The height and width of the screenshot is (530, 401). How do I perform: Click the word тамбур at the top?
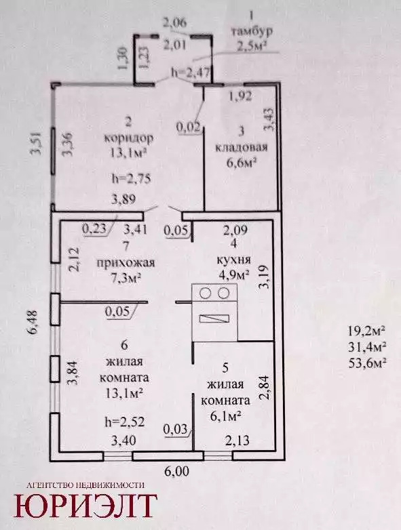(252, 31)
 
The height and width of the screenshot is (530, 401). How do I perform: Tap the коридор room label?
(129, 138)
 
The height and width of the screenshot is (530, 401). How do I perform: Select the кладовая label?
(242, 147)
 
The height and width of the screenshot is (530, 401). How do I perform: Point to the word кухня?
(234, 260)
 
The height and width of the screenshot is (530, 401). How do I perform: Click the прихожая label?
(126, 263)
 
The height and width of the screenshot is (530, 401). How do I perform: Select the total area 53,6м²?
(367, 363)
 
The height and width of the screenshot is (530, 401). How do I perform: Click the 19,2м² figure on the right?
(367, 330)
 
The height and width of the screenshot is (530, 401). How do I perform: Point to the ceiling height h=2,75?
(131, 178)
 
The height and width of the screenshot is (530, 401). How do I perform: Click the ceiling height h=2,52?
(125, 422)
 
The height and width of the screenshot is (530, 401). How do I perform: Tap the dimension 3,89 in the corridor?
(123, 199)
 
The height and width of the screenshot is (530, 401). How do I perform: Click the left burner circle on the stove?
(205, 293)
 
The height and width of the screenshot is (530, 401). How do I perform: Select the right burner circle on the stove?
(223, 293)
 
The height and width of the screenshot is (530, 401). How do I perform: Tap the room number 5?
(225, 368)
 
